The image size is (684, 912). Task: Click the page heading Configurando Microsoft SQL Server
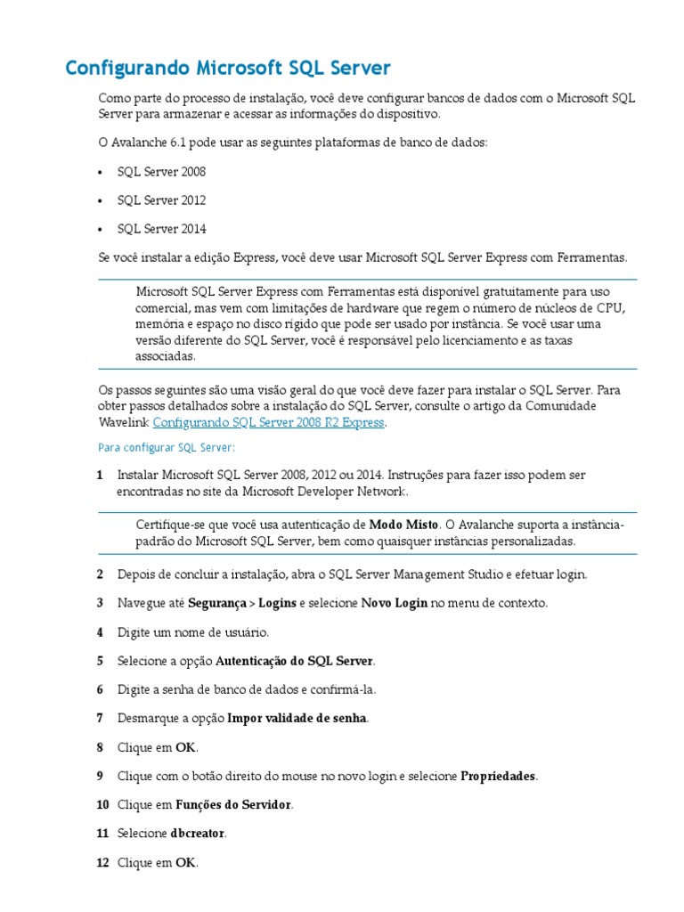229,69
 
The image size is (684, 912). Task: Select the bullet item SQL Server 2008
161,171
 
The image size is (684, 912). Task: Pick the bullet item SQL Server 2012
161,200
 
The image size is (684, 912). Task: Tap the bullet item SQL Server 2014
161,229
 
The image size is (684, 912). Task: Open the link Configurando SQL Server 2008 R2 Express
269,423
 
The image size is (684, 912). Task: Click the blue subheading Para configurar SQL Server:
167,447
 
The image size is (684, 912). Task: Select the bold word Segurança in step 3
216,603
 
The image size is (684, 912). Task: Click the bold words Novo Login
394,603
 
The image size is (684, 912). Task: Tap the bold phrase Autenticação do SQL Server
294,661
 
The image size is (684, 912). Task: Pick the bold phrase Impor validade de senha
297,718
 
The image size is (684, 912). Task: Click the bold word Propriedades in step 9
497,776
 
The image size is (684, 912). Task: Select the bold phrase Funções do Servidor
232,805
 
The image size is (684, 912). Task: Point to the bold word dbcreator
198,834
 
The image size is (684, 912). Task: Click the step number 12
102,863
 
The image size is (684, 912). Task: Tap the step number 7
100,718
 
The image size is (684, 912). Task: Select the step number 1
100,475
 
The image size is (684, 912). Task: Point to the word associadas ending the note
164,355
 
